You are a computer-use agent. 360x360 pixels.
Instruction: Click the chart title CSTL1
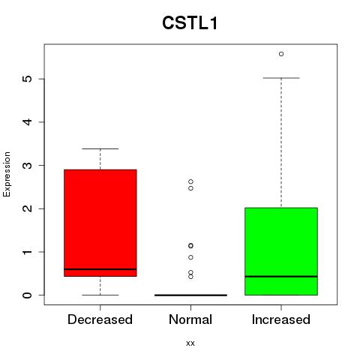190,23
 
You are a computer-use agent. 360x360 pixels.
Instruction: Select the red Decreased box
100,223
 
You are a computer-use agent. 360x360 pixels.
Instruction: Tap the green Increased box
281,251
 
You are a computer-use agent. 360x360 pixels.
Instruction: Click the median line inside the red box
100,269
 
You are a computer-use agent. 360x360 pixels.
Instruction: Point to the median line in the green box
281,277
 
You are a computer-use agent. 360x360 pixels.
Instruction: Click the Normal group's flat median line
190,295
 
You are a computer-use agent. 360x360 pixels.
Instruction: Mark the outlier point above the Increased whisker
281,54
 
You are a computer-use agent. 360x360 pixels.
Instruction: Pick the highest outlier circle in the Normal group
190,181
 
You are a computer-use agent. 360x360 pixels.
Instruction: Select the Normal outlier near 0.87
190,257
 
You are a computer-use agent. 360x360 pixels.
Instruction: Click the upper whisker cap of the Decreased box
100,148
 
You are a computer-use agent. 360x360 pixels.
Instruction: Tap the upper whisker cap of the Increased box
281,78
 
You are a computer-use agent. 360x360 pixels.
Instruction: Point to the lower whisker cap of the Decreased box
100,295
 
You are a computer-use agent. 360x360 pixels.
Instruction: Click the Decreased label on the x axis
100,319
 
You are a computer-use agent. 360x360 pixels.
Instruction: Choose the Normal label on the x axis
190,319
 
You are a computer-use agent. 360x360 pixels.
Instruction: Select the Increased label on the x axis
281,319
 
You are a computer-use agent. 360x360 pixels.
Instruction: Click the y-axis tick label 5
28,79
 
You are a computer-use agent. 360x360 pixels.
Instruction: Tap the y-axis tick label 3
28,165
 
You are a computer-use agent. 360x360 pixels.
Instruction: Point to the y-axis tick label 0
28,295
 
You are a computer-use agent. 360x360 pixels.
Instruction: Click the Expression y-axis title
7,174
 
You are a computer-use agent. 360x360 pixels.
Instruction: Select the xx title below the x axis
190,343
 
